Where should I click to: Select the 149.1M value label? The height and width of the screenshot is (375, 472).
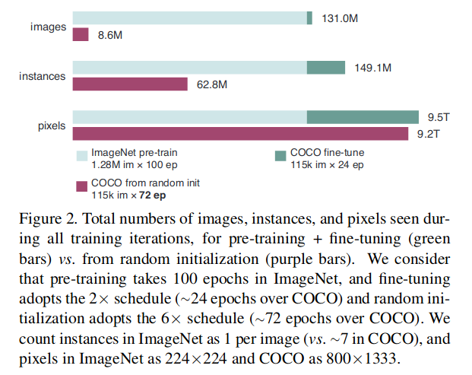(x=372, y=68)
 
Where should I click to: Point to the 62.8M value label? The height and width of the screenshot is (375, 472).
(x=212, y=84)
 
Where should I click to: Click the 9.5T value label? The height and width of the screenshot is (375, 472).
(x=440, y=117)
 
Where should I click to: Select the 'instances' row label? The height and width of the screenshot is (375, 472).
(x=43, y=76)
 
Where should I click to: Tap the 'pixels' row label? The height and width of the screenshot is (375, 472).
(x=52, y=126)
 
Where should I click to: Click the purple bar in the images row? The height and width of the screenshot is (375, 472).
(x=81, y=34)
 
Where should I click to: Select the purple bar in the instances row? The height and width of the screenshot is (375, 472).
(x=130, y=84)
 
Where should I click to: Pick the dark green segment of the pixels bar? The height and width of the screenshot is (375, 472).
(x=363, y=117)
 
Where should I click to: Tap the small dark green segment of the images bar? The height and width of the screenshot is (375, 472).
(x=309, y=18)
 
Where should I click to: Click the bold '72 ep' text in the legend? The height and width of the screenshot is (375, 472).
(x=151, y=195)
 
